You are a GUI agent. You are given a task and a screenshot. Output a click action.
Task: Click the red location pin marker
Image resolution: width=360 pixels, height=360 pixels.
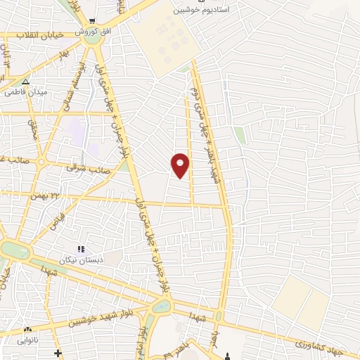click(181, 165)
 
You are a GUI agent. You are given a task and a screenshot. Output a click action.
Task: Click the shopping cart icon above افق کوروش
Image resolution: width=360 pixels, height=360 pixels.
click(91, 20)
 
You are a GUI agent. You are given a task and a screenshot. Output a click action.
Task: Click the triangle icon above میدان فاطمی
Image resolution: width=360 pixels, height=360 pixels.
click(25, 81)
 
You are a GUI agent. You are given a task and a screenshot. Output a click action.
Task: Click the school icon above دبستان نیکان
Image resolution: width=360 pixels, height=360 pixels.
click(81, 248)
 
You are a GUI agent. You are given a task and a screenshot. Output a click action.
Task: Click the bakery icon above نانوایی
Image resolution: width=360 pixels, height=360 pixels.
click(28, 328)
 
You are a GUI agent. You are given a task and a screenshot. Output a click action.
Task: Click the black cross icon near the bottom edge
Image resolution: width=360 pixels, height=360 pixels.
click(58, 353)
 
